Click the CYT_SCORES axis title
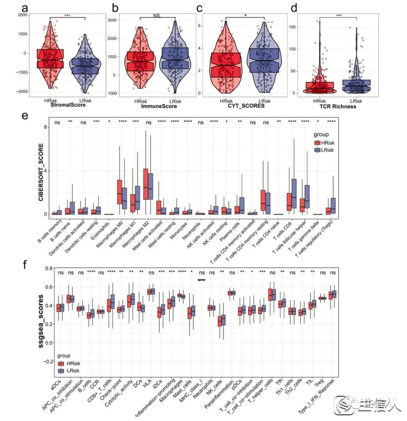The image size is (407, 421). [x=245, y=105]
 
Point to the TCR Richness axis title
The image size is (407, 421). [x=337, y=106]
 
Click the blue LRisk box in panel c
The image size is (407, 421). [x=264, y=60]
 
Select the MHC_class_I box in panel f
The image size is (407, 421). [x=202, y=280]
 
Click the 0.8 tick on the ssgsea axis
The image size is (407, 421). [x=49, y=269]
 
